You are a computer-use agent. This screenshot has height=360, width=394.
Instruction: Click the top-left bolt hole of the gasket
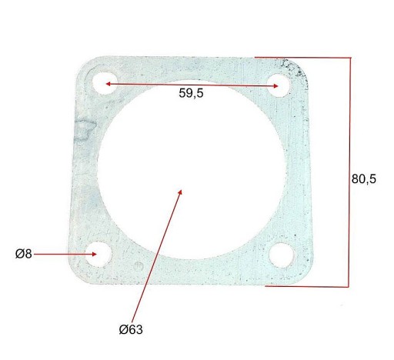105,83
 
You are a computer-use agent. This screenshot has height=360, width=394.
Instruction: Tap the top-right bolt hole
279,85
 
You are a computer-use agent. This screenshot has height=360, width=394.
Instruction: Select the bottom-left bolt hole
98,254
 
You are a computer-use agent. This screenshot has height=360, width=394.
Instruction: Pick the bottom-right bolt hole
282,255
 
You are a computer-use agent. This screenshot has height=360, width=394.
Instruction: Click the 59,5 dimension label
191,93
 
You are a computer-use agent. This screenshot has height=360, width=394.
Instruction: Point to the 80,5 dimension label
364,178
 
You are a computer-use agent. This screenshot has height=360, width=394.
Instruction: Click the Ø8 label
24,254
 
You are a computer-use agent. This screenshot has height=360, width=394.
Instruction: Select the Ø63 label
131,329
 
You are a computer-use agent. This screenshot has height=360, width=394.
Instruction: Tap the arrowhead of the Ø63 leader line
180,192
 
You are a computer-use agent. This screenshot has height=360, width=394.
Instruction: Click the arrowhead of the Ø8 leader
95,254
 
